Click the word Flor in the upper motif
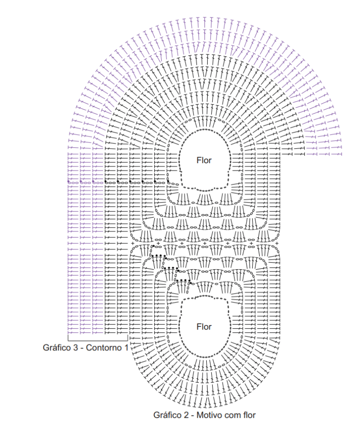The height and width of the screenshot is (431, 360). (204, 160)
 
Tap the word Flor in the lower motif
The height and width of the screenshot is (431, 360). (204, 326)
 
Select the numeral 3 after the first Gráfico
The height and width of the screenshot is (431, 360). (75, 348)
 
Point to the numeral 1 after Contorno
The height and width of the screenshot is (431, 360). (127, 348)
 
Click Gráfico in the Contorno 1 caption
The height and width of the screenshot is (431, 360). (57, 348)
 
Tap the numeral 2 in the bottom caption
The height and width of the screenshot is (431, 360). (186, 415)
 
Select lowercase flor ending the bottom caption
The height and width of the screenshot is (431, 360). (249, 415)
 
